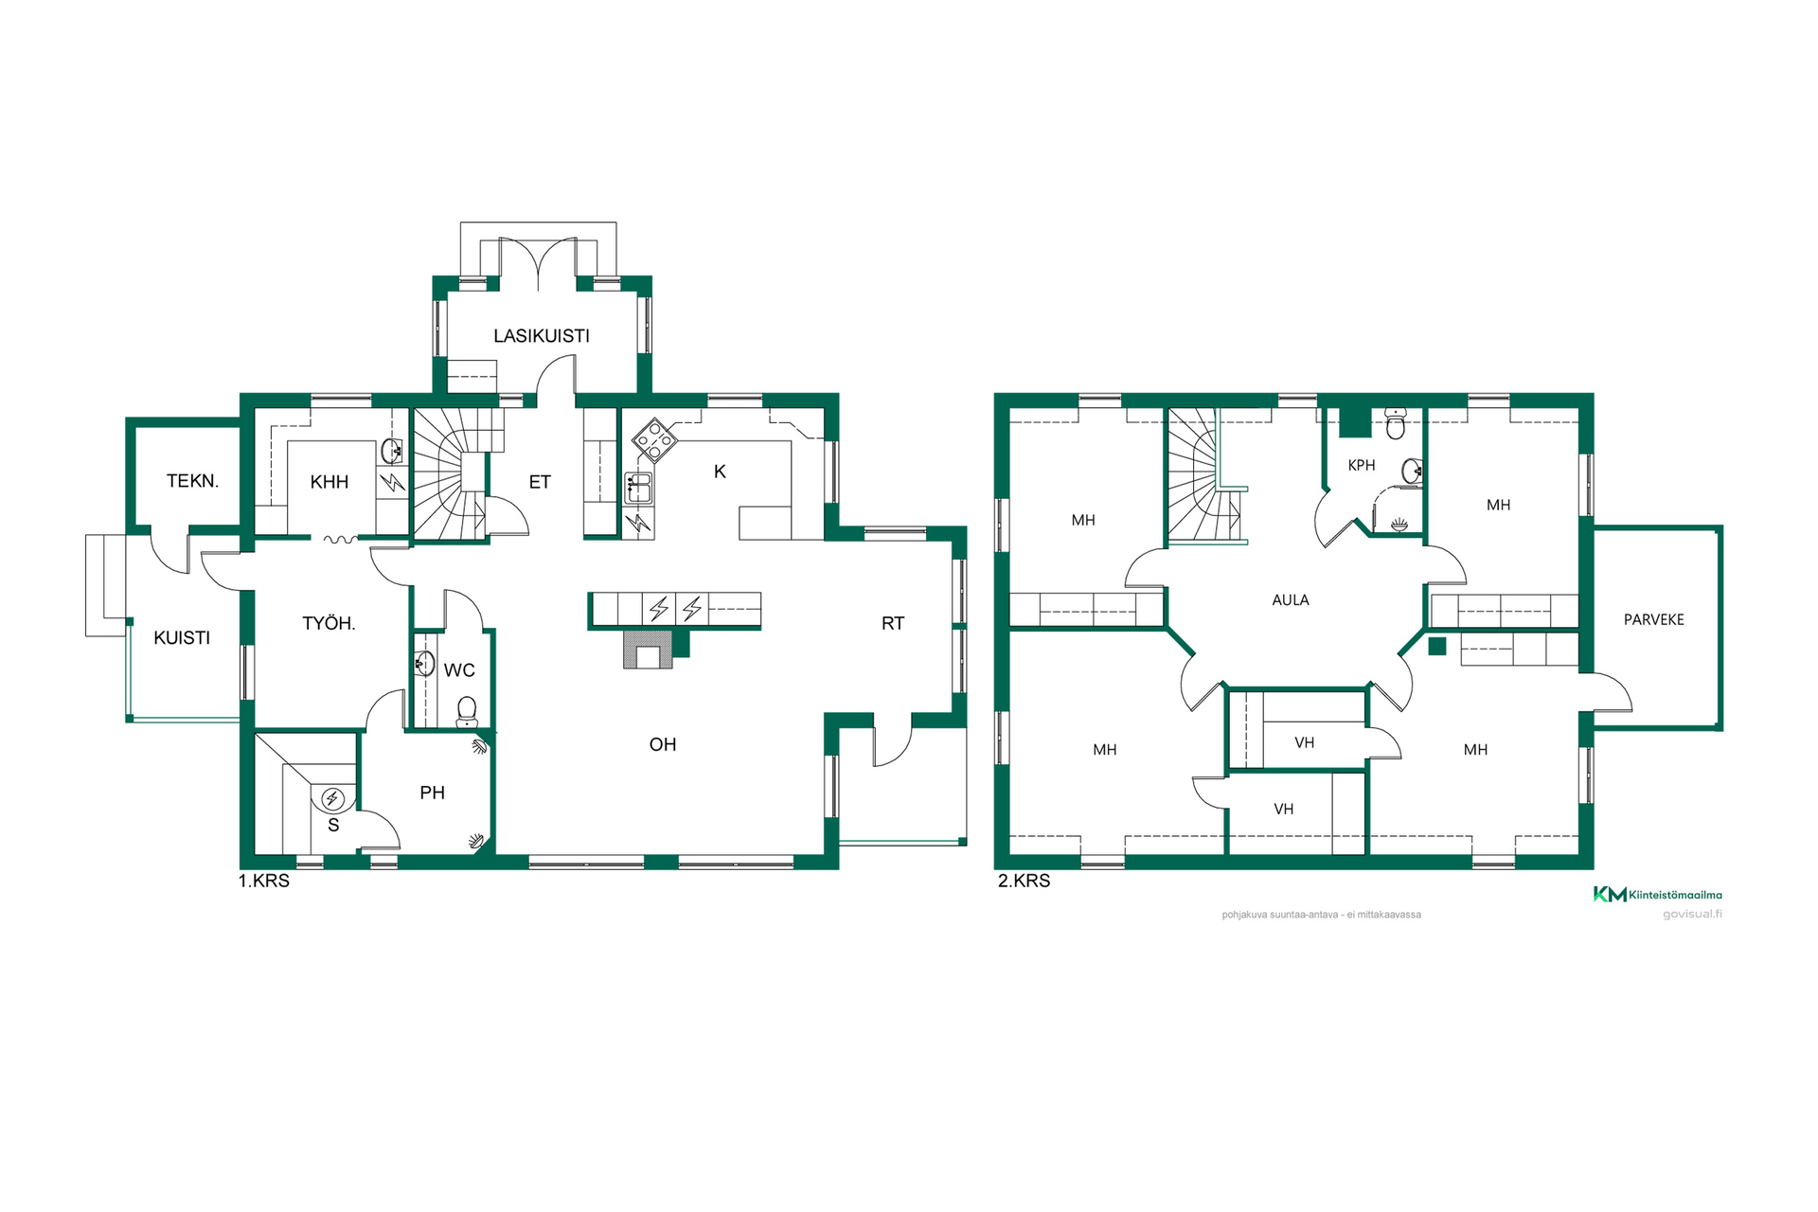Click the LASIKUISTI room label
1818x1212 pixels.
click(542, 336)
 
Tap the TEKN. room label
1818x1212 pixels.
click(192, 481)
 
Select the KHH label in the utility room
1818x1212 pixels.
click(330, 482)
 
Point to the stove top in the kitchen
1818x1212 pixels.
click(654, 439)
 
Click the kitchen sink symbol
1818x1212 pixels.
click(638, 489)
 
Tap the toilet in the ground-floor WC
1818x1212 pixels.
click(467, 711)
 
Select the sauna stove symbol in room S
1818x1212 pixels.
click(332, 799)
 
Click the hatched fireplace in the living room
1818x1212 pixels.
click(649, 650)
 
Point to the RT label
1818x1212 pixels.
click(893, 623)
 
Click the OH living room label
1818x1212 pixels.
click(663, 745)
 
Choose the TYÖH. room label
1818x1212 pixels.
click(329, 623)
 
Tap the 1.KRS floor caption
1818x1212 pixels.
click(264, 881)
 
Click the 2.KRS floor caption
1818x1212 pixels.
click(1025, 881)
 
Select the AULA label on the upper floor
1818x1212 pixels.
click(1291, 600)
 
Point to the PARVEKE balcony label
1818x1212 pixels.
click(1654, 620)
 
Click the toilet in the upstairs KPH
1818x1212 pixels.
click(1396, 425)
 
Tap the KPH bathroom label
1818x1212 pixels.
click(1362, 466)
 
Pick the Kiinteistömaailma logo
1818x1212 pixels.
click(1658, 894)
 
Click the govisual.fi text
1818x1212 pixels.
click(1693, 915)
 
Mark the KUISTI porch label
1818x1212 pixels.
click(182, 638)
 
